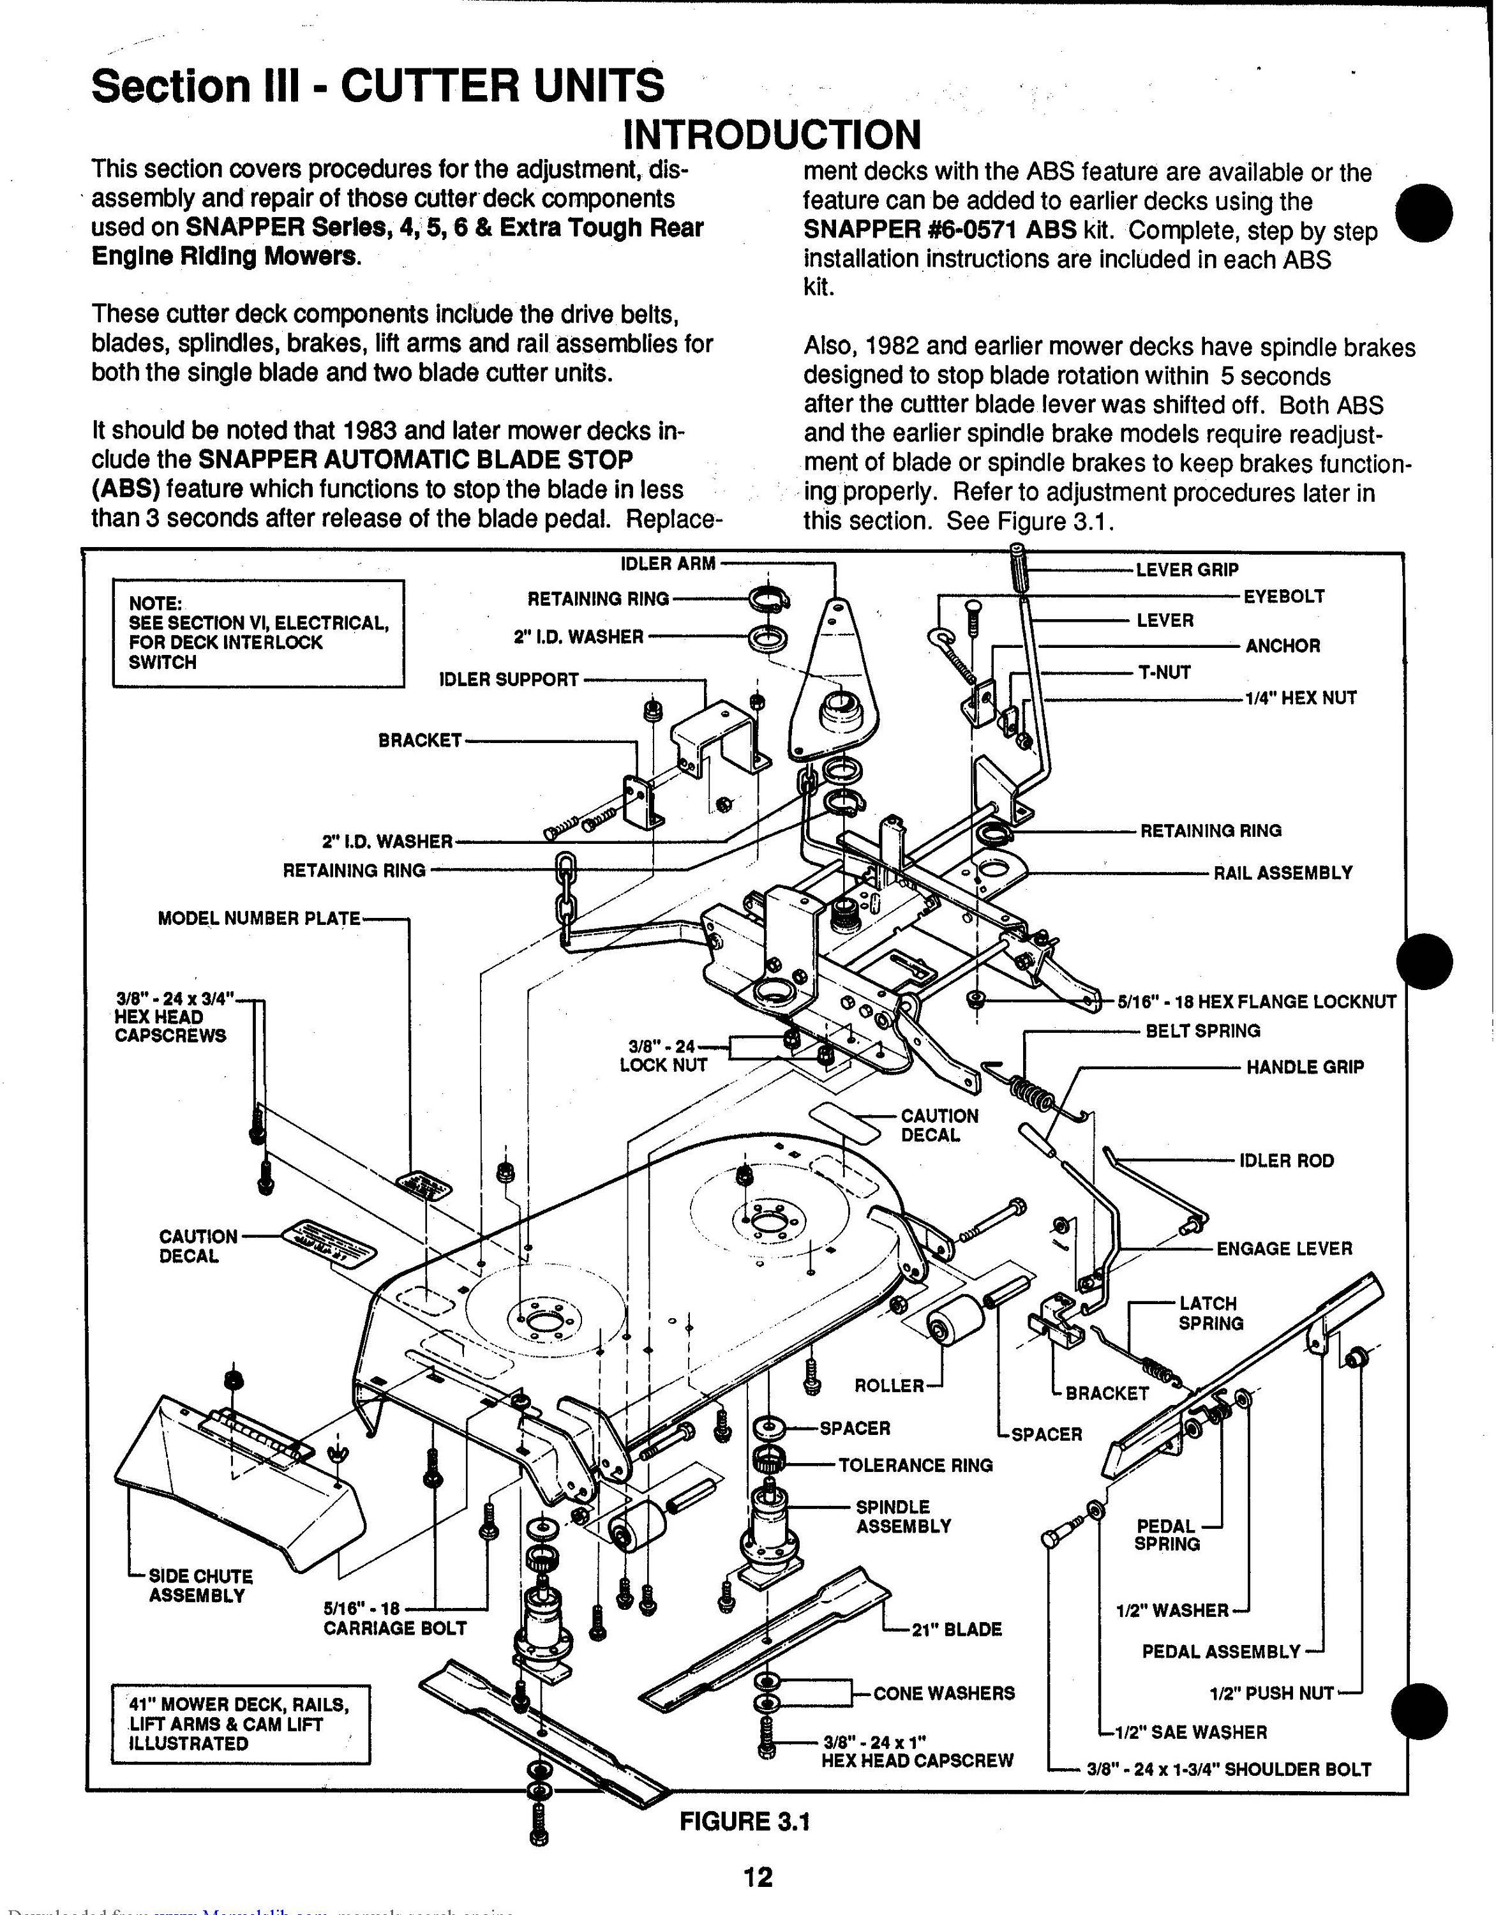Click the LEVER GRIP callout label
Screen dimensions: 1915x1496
1186,570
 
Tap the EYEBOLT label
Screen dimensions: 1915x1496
1283,596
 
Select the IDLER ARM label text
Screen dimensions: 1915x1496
668,564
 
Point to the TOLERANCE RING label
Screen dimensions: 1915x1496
915,1465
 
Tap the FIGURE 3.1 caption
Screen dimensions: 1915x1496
745,1821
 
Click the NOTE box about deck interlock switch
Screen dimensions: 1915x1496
258,633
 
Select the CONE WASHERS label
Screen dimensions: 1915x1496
943,1693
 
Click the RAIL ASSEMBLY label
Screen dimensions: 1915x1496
1282,873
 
